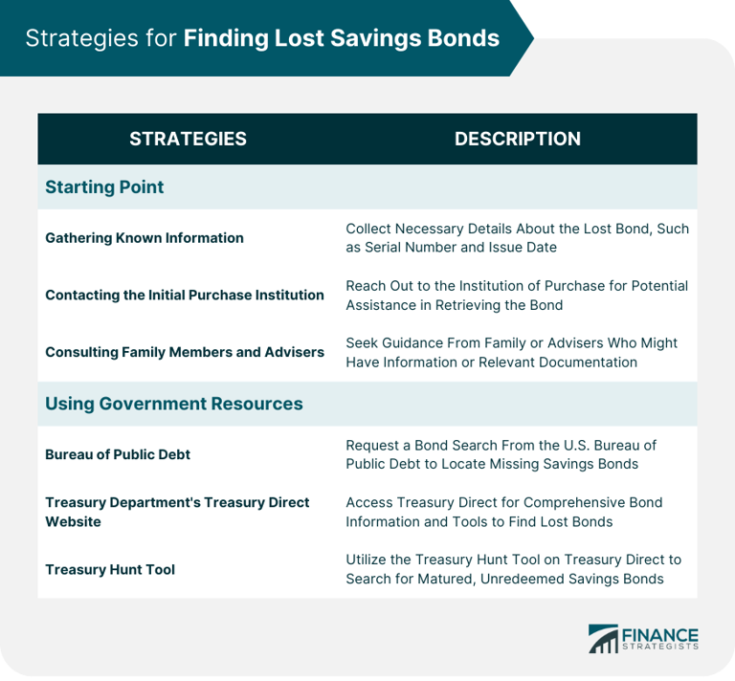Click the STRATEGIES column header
(188, 139)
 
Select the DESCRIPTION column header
(517, 139)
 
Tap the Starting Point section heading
(104, 187)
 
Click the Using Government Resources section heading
(173, 404)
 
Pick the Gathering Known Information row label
(145, 237)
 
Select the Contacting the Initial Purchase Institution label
(185, 295)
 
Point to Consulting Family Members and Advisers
(185, 352)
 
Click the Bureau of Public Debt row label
(118, 454)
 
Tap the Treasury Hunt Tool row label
(110, 569)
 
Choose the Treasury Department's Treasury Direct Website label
(177, 512)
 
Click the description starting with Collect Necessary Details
(517, 237)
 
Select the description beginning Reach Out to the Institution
(517, 295)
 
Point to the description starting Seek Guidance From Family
(511, 352)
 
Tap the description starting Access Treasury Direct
(504, 512)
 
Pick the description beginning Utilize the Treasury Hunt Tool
(514, 569)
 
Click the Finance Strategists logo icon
(603, 638)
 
